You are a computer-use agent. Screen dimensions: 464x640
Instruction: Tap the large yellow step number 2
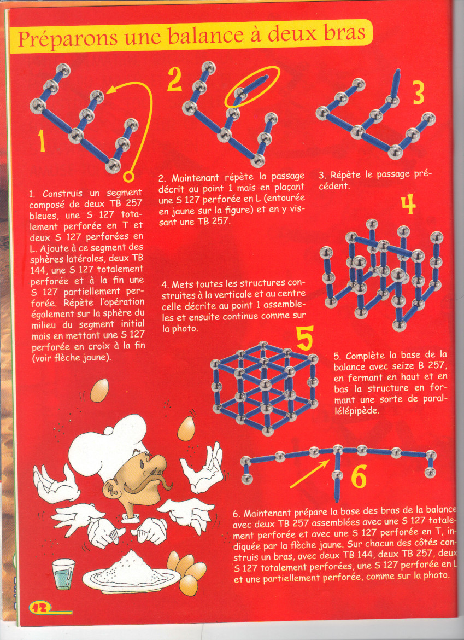174,78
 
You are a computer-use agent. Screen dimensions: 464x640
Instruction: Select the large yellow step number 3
418,92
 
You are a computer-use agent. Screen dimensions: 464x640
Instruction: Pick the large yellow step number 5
305,338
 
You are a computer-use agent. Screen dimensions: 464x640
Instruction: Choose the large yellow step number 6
359,476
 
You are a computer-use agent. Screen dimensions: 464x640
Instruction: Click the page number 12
40,607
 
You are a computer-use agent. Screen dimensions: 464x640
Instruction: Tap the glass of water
63,574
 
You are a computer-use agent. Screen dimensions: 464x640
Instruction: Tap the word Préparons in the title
67,39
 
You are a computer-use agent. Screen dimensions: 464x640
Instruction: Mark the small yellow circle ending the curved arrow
128,177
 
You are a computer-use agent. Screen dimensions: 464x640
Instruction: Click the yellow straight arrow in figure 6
309,474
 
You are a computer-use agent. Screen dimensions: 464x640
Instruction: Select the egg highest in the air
99,390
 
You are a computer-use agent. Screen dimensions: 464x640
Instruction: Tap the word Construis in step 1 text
62,193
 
